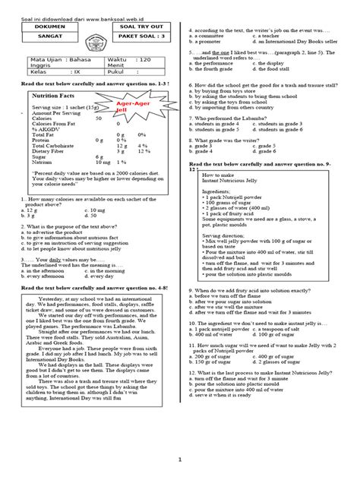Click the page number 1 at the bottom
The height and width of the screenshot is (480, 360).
(180, 459)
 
